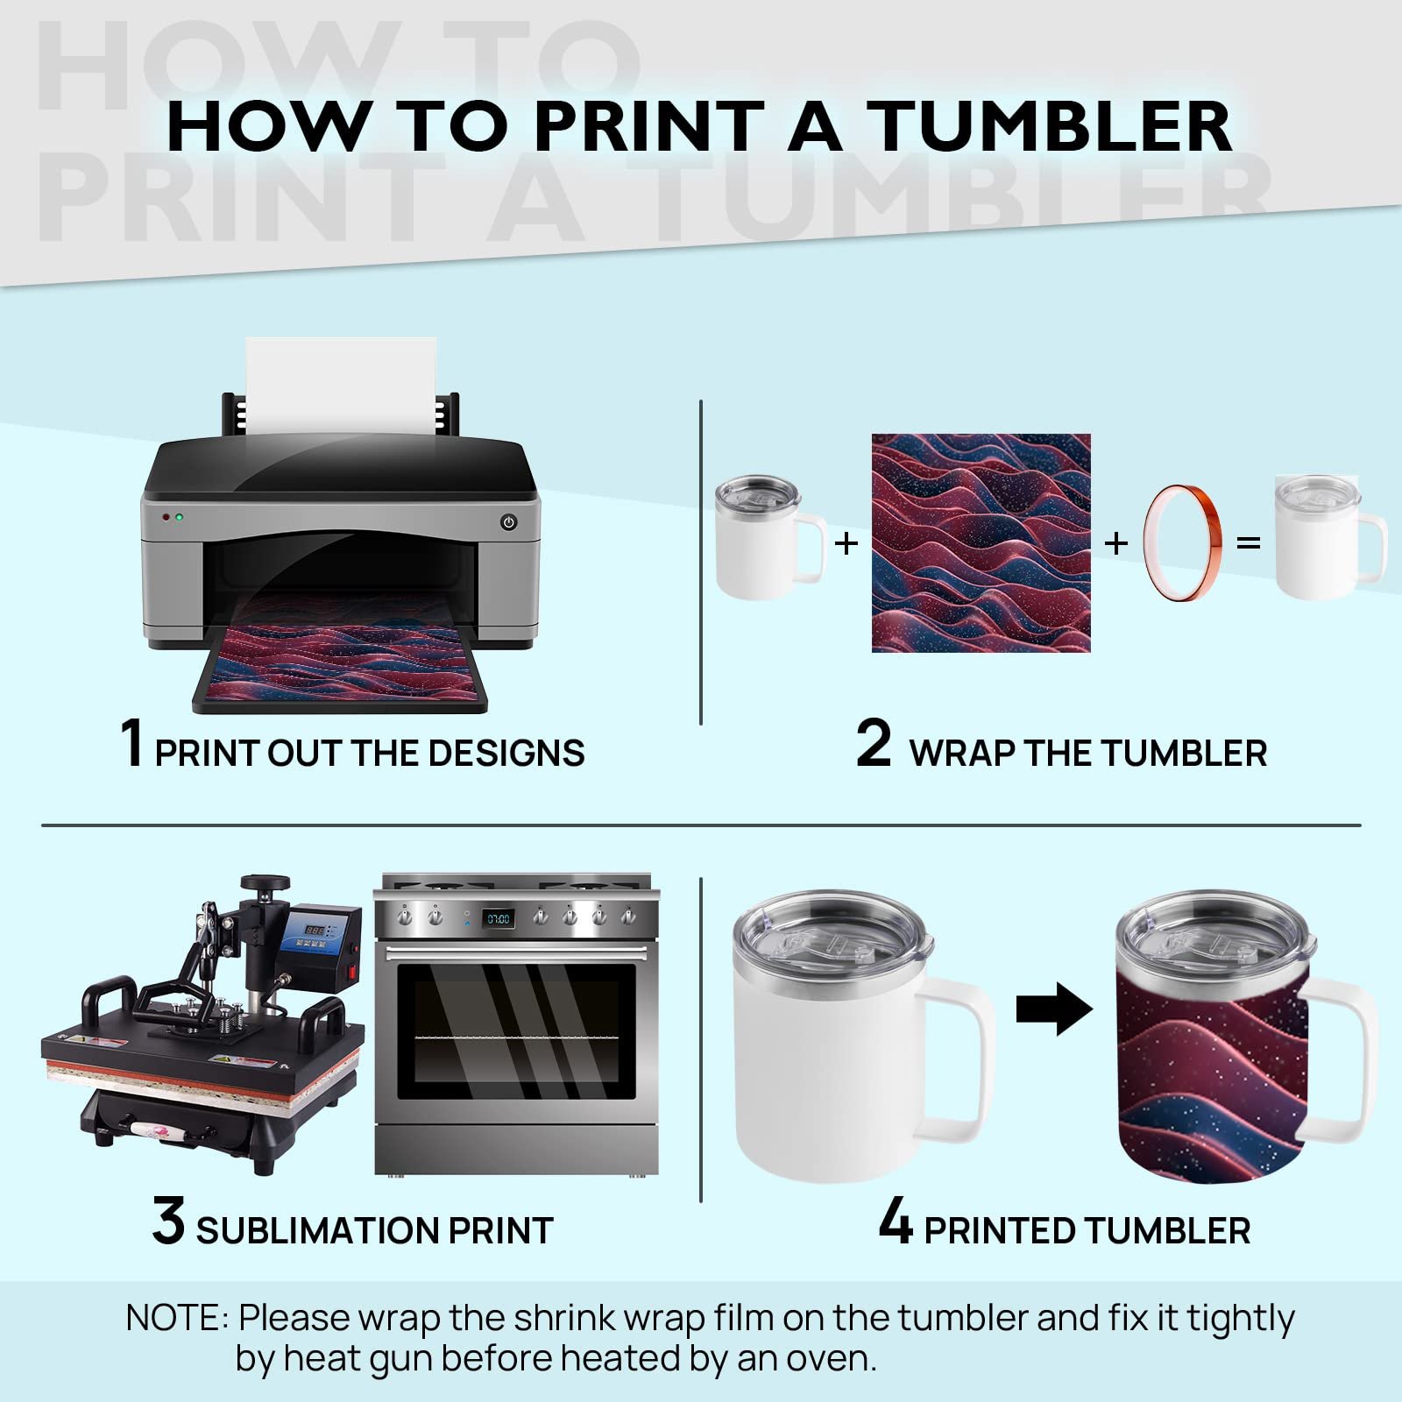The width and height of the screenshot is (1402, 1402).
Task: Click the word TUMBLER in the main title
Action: point(1054,127)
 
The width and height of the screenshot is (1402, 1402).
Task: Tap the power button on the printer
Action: point(508,522)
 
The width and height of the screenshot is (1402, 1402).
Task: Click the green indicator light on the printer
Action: point(180,518)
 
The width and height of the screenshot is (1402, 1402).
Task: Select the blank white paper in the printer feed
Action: point(341,386)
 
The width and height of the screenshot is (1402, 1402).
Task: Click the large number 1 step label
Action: point(131,743)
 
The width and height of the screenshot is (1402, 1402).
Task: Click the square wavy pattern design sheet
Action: point(981,542)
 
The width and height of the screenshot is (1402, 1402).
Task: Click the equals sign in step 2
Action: point(1248,543)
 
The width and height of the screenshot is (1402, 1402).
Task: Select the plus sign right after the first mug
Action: point(846,543)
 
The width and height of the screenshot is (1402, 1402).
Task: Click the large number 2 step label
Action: point(873,743)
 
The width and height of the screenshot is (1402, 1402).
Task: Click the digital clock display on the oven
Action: point(499,918)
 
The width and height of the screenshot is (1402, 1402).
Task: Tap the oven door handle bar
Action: point(517,952)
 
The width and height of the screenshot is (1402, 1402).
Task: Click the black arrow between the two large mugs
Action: point(1054,1009)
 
